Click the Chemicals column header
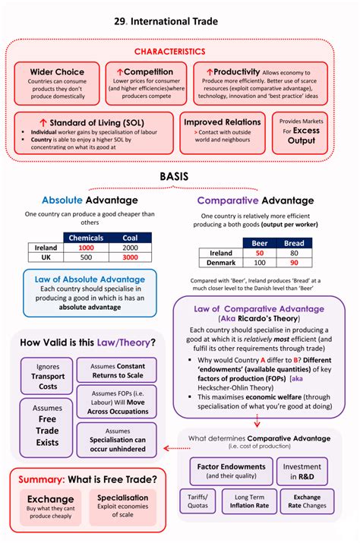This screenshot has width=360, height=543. [x=86, y=238]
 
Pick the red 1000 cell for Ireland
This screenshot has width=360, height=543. [x=86, y=248]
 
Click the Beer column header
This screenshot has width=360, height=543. [x=259, y=243]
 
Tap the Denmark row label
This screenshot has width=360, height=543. [x=220, y=263]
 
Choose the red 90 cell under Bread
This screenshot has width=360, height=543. [x=294, y=263]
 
